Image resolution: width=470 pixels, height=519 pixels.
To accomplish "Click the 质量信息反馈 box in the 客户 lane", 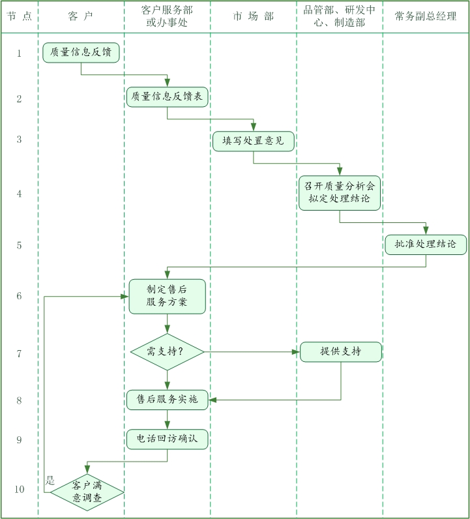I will tap(81, 53).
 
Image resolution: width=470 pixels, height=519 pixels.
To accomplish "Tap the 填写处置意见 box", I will tap(253, 141).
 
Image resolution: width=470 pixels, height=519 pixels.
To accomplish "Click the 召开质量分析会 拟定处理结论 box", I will tap(340, 193).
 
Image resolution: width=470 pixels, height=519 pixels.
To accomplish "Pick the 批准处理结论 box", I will tap(426, 245).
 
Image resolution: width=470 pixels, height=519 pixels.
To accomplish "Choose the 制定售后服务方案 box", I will tap(167, 296).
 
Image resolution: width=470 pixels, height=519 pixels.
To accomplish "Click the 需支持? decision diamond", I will tap(167, 352).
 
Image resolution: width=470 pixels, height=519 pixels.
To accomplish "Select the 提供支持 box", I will tap(340, 352).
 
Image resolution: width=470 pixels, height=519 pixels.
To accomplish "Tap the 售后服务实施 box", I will tap(167, 400).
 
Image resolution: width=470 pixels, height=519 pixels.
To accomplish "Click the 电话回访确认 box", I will tap(167, 439).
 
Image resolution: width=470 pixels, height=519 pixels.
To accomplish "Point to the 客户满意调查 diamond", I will tap(87, 492).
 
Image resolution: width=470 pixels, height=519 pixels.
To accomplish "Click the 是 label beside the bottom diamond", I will tap(50, 481).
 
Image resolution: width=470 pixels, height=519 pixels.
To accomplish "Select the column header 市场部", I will tap(253, 16).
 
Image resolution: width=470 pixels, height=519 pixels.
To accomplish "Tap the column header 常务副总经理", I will tap(426, 16).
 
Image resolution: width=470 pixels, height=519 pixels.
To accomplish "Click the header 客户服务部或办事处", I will tap(167, 16).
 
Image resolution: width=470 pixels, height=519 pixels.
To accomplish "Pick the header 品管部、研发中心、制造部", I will tap(340, 16).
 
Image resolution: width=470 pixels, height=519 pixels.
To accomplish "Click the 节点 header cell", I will tap(20, 16).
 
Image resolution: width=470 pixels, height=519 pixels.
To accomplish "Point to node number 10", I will tap(19, 489).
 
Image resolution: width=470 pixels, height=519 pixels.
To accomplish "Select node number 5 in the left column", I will tap(19, 245).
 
